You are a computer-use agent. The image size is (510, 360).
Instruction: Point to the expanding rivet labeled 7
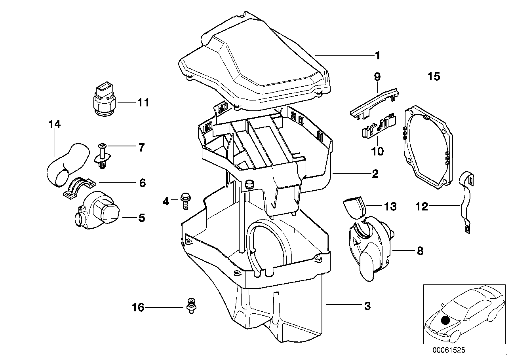coord(103,157)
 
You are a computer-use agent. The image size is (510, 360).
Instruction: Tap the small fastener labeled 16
coord(192,306)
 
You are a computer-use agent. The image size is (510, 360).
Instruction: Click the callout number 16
coord(138,307)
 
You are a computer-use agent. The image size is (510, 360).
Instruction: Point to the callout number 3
coord(367,305)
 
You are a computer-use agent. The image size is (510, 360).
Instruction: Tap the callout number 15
coord(434,76)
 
